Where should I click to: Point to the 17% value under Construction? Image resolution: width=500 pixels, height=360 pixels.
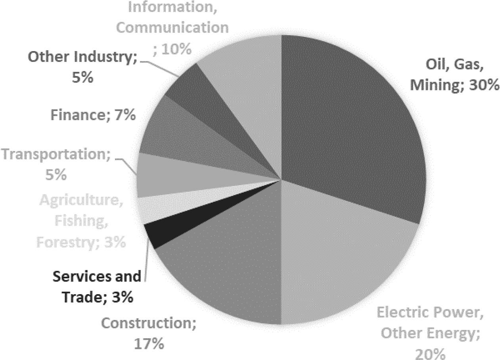148,343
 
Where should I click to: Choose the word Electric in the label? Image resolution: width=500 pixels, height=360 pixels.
400,313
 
